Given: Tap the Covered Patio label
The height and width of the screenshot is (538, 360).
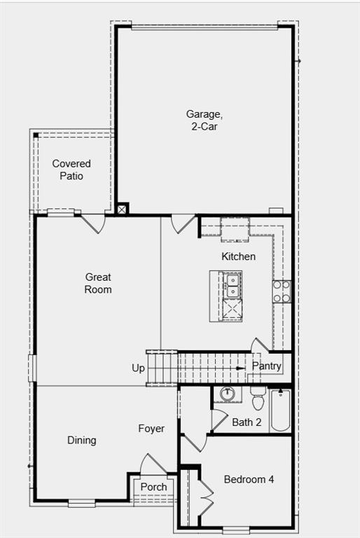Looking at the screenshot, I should (71, 170).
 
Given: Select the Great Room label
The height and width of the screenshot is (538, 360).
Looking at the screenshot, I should (98, 284).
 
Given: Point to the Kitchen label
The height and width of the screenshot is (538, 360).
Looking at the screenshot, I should (238, 256).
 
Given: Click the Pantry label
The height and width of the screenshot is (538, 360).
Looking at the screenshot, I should (267, 366).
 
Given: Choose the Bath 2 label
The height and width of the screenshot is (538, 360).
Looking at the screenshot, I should (247, 422).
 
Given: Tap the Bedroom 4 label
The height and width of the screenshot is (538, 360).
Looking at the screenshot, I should (249, 480).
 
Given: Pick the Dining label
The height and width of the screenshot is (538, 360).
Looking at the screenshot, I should (82, 441).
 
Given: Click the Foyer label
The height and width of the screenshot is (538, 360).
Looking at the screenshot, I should (151, 429).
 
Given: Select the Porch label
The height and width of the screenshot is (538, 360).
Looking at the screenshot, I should (153, 487).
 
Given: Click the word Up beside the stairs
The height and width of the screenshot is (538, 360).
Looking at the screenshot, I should (139, 368).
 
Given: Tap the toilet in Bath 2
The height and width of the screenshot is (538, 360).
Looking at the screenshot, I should (257, 400).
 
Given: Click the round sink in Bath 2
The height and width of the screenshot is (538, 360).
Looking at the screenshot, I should (227, 394).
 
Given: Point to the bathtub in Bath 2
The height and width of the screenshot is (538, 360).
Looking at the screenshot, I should (280, 410).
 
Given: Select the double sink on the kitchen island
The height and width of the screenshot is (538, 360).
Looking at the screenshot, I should (233, 285).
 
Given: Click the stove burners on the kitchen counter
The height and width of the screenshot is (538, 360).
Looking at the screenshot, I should (282, 291).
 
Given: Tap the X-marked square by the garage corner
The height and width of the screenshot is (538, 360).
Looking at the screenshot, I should (123, 209).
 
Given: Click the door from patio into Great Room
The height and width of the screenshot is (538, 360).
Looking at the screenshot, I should (93, 223).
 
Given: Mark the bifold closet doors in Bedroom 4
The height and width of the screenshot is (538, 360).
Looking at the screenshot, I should (204, 497).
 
